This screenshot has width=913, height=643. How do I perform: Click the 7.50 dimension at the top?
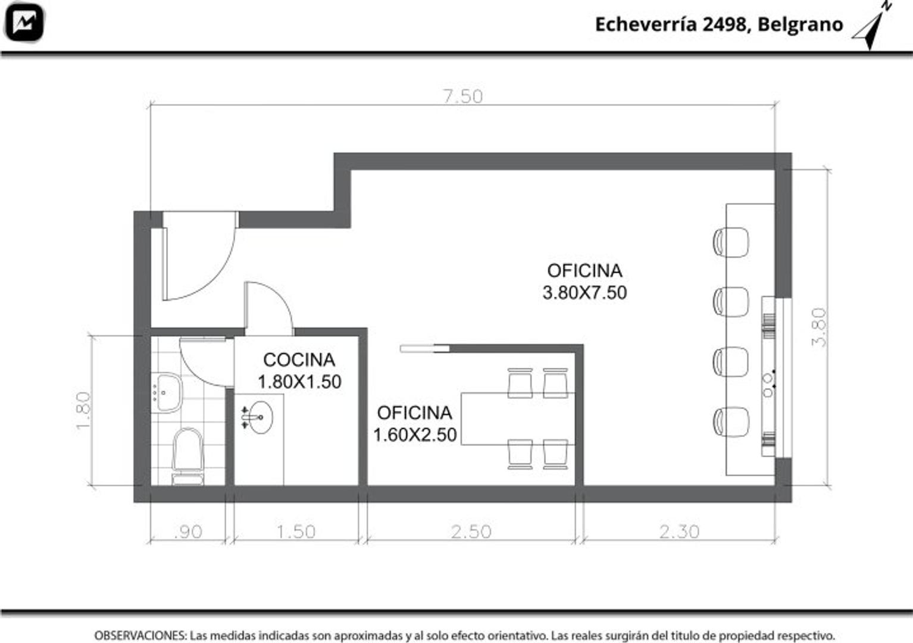[462, 96]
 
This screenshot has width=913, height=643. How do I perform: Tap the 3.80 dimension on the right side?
[820, 327]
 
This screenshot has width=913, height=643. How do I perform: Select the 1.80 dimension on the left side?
[83, 410]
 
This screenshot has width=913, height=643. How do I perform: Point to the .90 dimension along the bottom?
[188, 532]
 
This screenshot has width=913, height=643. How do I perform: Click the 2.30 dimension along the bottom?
[679, 532]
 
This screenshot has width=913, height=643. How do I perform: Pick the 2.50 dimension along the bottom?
[471, 532]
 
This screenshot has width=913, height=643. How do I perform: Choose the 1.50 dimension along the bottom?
[296, 532]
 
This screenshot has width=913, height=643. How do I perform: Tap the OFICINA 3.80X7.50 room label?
[584, 282]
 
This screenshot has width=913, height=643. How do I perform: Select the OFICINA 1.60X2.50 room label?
[415, 424]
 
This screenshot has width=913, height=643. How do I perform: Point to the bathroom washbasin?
[166, 392]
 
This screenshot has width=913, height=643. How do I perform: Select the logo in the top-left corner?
[24, 23]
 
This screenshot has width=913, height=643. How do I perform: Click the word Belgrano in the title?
[800, 24]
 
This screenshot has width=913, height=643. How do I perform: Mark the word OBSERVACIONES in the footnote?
[140, 635]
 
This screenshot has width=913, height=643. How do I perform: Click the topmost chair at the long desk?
[731, 242]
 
